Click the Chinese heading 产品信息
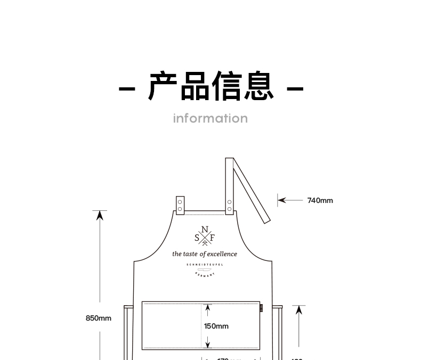click(210, 86)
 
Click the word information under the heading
click(210, 118)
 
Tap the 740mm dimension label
click(320, 201)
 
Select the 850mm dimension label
click(99, 318)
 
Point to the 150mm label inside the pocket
click(216, 326)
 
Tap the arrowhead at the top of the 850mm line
click(100, 215)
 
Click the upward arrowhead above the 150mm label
click(208, 307)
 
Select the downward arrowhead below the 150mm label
click(208, 345)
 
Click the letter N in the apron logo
click(205, 230)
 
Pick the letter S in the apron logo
click(197, 238)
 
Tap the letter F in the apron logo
click(212, 238)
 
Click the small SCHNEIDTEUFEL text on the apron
click(205, 264)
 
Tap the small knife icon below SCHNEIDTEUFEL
click(204, 269)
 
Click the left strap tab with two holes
click(180, 206)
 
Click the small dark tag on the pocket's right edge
click(261, 307)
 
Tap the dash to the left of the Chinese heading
click(126, 88)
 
